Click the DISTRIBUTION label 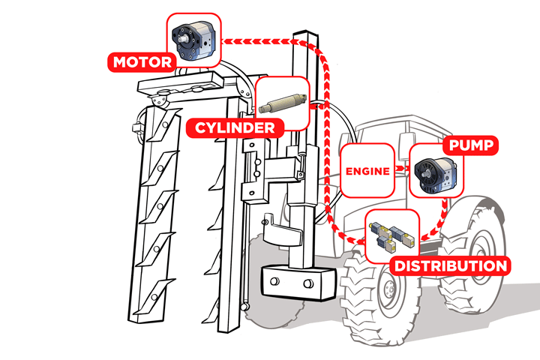[450, 265]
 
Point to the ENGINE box [367, 171]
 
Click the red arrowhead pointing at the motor [229, 42]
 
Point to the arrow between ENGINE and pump [402, 171]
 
